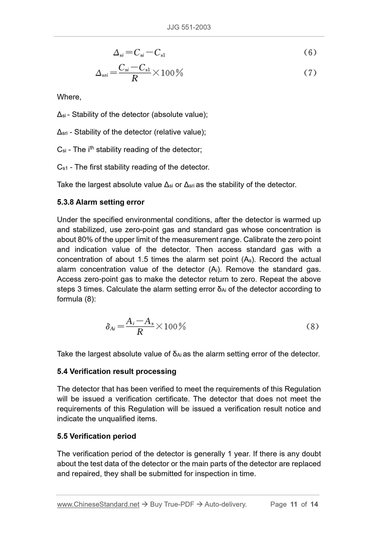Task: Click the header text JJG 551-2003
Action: tap(189, 27)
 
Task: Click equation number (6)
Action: tap(310, 53)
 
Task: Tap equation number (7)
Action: tap(310, 73)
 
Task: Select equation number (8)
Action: tap(312, 327)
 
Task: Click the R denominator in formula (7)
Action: tap(134, 78)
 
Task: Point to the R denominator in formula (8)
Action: tap(140, 332)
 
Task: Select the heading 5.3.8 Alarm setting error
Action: tap(100, 202)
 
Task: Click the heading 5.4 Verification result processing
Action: tap(116, 371)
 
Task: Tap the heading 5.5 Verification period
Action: tap(96, 436)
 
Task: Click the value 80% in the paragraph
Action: tap(84, 240)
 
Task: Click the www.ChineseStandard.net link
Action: tap(98, 504)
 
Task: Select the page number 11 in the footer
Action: tap(294, 504)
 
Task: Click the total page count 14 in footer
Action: tap(314, 504)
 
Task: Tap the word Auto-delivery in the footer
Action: tap(225, 504)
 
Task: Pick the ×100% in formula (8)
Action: tap(171, 326)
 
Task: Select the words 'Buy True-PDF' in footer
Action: tap(172, 504)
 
